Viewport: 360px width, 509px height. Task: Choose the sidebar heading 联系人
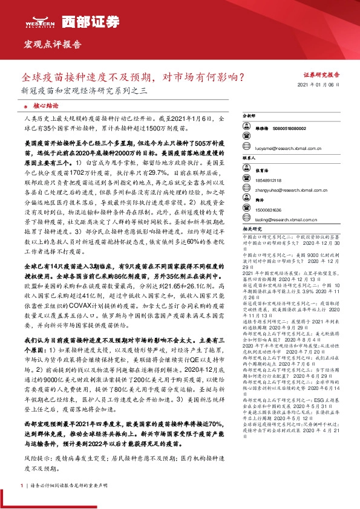click(249, 158)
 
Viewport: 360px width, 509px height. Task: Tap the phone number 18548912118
click(269, 180)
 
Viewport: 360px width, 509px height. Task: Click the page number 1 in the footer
click(22, 486)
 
